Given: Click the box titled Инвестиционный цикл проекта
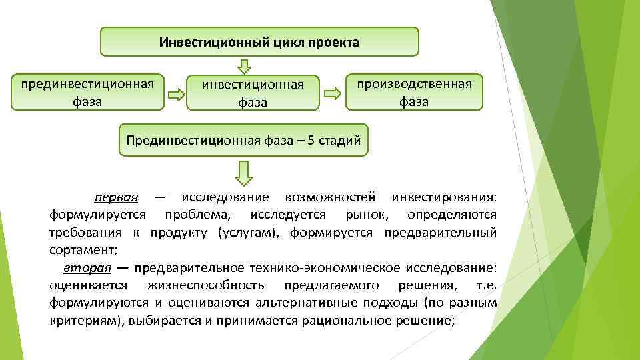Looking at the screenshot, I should [x=259, y=42].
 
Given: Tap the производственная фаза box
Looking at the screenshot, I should [x=414, y=92].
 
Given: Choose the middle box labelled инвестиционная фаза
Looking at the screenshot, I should [x=253, y=93].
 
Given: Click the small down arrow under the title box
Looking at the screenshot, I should [x=245, y=66].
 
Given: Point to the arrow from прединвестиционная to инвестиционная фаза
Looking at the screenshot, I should [x=176, y=95].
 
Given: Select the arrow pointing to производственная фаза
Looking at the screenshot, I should [x=331, y=95].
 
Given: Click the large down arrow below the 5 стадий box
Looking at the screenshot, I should [x=244, y=173].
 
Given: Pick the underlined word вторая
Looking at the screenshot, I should [x=87, y=268].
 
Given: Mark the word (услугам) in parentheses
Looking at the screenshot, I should [x=245, y=233].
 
